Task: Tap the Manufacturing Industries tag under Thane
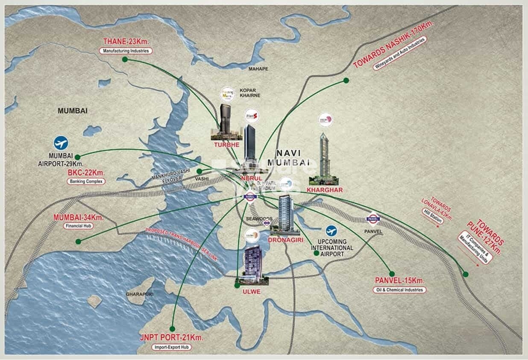click(126, 50)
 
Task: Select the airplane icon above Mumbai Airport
click(61, 142)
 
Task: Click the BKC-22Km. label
click(86, 173)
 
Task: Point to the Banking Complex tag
click(86, 181)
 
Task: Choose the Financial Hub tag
click(79, 226)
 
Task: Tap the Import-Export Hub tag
click(172, 347)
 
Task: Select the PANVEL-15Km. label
click(400, 281)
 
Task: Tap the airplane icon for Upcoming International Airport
click(331, 231)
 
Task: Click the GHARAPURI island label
click(139, 294)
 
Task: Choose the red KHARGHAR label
click(325, 190)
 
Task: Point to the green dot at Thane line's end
click(125, 60)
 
